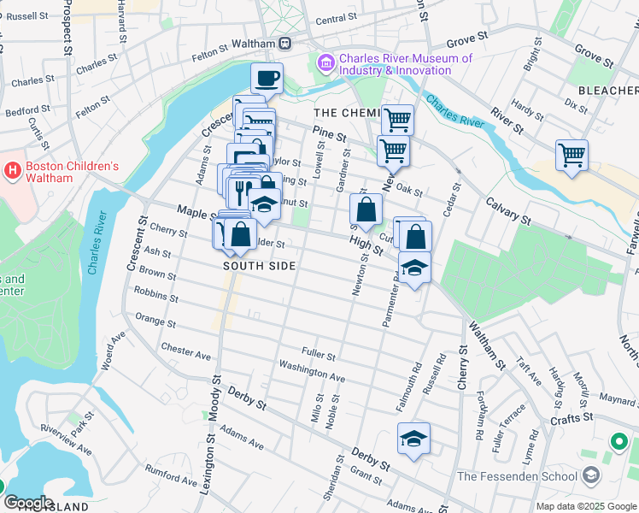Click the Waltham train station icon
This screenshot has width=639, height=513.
[285, 44]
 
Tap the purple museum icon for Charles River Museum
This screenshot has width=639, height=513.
[325, 63]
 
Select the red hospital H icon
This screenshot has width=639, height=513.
[12, 171]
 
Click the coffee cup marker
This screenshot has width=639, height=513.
[267, 79]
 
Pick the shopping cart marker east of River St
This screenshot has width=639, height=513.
[572, 156]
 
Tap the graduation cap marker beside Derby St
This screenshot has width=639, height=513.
[413, 439]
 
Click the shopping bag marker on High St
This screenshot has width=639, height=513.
[366, 209]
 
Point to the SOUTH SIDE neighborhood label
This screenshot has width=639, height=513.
[260, 266]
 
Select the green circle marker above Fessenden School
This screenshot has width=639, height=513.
[619, 442]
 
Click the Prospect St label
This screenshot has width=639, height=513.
[65, 30]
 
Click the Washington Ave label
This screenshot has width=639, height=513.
[313, 370]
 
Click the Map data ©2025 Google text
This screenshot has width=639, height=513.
[586, 506]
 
